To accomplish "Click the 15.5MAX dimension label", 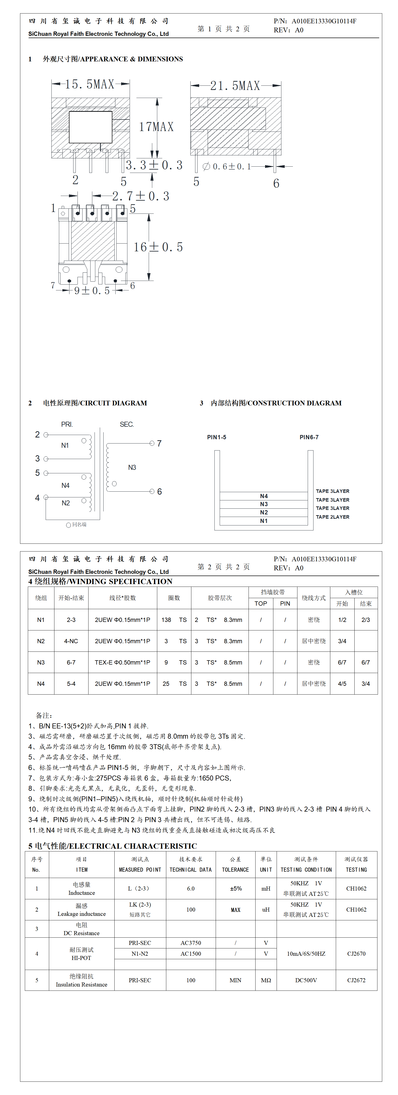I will pos(90,84).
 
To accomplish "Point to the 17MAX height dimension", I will pos(156,127).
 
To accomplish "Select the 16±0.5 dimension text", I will pos(158,247).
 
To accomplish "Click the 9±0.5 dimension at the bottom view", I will pos(92,291).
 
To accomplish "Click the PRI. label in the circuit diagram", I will pos(67,424).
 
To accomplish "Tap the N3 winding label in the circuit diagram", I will pos(132,467).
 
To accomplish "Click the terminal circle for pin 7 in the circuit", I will pos(152,443).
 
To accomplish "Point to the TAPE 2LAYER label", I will pos(333,517).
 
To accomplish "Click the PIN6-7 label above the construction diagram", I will pos(309,437).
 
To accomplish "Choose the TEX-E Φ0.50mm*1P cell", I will pos(123,662).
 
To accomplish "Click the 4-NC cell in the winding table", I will pos(71,641).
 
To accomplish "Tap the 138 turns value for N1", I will pos(166,620).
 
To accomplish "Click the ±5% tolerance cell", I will pos(235,889).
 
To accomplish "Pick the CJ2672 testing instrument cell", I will pos(356,980).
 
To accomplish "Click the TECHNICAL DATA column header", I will pos(191,870).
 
